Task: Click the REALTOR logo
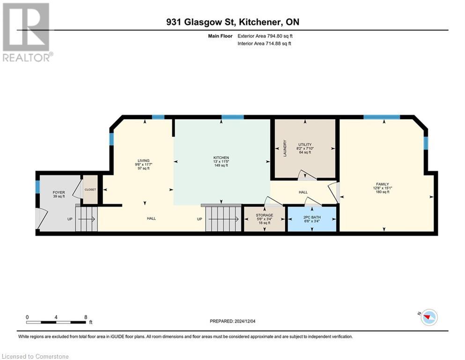[x=26, y=32]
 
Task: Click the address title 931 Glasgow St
[x=232, y=22]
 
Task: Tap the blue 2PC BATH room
[x=312, y=218]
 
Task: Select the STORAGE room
[x=265, y=219]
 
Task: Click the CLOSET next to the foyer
[x=90, y=190]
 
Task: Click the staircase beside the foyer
[x=87, y=219]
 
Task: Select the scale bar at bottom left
[x=56, y=322]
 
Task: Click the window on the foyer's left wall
[x=37, y=187]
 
